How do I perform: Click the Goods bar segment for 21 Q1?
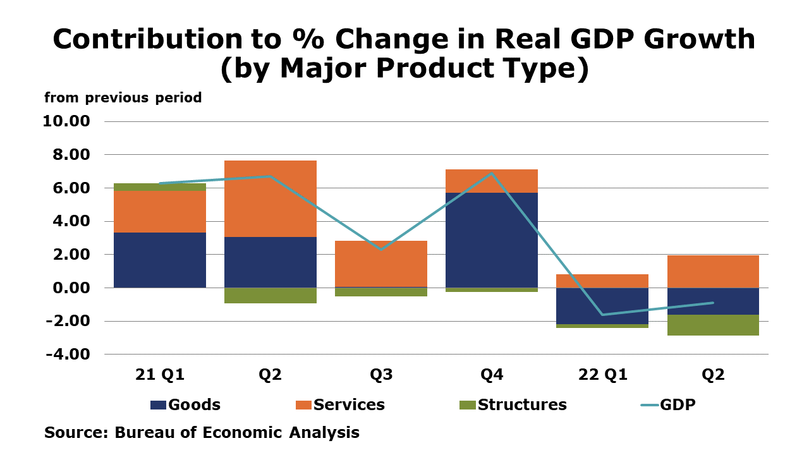tap(160, 260)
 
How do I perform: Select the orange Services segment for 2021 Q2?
tap(271, 198)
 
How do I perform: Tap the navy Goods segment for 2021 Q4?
tap(492, 240)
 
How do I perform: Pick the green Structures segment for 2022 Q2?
tap(713, 325)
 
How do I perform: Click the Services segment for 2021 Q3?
tap(381, 264)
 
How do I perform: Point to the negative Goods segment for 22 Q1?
tap(602, 306)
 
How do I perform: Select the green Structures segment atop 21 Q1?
tap(160, 187)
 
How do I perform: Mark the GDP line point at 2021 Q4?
tap(492, 173)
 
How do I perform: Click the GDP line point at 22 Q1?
tap(602, 314)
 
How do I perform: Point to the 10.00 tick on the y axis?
tap(67, 121)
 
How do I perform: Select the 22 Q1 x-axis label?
tap(602, 375)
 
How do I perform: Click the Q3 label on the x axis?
tap(381, 375)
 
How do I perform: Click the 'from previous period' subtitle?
tap(123, 98)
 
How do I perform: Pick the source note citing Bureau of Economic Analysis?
tap(202, 433)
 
